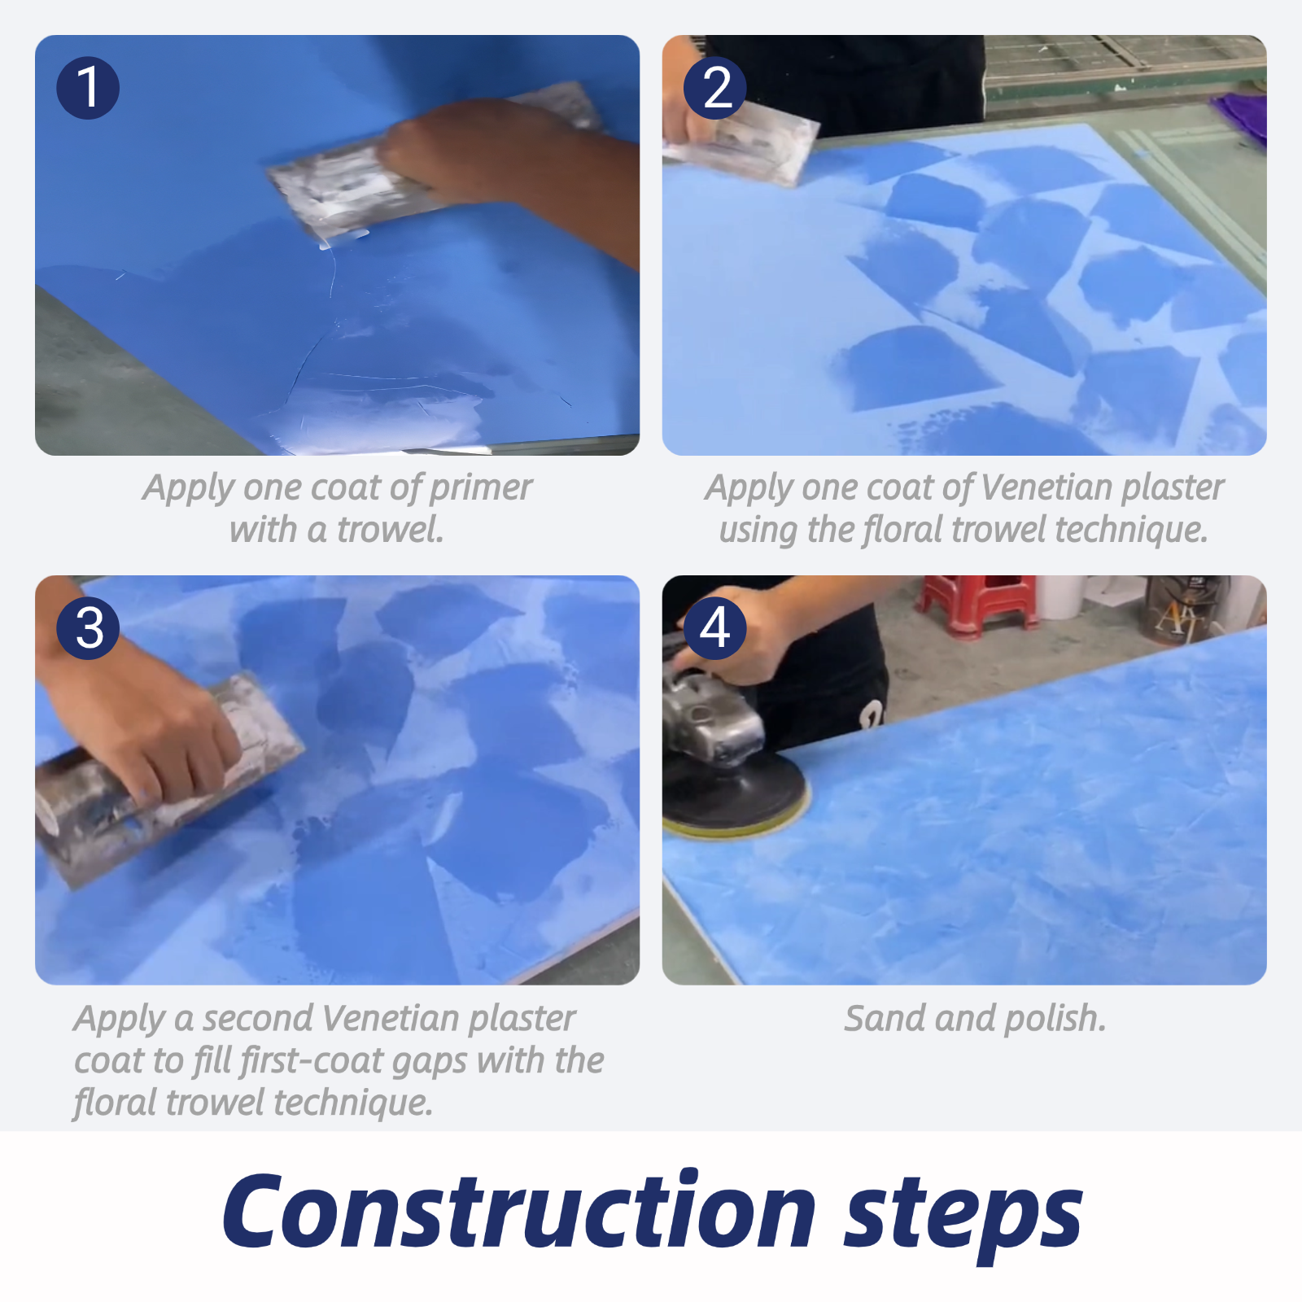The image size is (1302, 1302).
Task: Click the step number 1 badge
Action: coord(88,88)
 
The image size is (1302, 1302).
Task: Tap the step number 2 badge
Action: coord(715,88)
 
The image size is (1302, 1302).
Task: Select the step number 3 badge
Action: coord(88,628)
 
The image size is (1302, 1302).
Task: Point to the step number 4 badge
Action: coord(715,628)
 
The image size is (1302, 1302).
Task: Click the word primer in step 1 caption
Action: coord(480,488)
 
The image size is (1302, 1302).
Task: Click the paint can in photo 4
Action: coord(1184,610)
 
